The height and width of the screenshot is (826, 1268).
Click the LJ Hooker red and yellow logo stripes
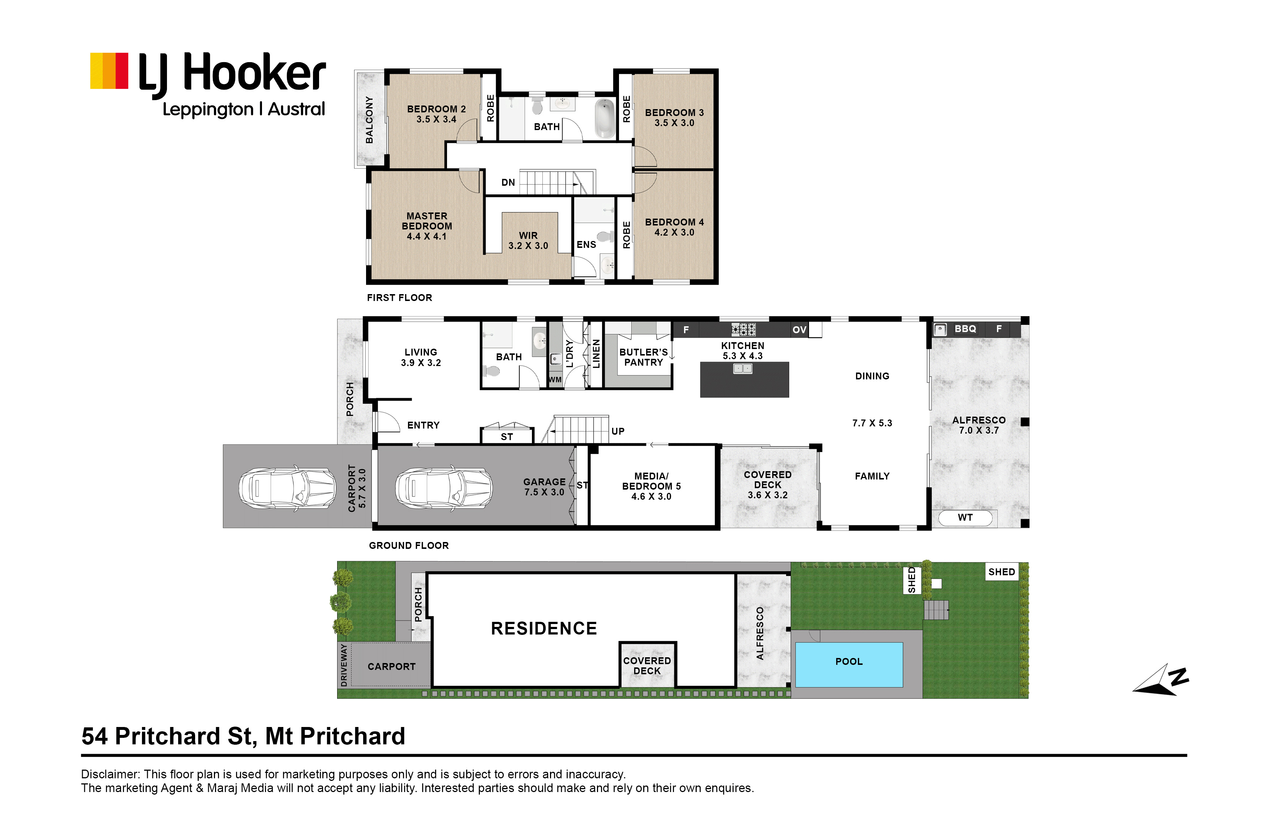[x=109, y=71]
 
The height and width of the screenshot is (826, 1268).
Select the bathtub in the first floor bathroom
[x=605, y=118]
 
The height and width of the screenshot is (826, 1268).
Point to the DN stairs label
[x=508, y=183]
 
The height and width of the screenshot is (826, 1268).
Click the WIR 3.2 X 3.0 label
[x=528, y=240]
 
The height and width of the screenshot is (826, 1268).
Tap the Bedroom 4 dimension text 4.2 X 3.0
[x=675, y=232]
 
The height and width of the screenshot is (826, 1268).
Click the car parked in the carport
[x=288, y=488]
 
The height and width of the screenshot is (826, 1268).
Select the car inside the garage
[x=444, y=488]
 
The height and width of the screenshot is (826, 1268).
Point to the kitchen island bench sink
[x=743, y=368]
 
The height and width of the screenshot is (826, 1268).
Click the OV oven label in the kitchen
[x=799, y=330]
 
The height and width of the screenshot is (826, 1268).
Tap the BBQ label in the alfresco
[x=965, y=329]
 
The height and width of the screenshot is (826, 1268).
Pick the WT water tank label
[x=965, y=517]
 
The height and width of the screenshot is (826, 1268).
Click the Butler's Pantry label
[x=644, y=357]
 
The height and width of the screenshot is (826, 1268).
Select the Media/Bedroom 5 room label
[x=652, y=486]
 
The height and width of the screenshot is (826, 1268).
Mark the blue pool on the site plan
[x=849, y=664]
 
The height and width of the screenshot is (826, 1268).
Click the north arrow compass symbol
[x=1161, y=681]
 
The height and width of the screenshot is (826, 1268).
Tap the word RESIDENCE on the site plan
[x=544, y=628]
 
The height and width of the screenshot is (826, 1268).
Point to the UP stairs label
[x=618, y=431]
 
